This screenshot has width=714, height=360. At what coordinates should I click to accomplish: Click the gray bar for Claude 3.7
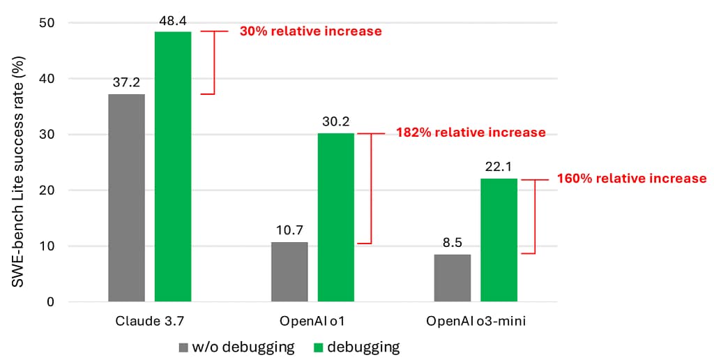(126, 198)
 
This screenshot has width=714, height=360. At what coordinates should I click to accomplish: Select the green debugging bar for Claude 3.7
(173, 167)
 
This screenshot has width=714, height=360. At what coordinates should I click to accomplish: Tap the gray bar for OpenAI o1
(289, 272)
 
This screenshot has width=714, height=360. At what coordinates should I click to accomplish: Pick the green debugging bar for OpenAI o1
(336, 218)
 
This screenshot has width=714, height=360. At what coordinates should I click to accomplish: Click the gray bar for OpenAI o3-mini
(452, 278)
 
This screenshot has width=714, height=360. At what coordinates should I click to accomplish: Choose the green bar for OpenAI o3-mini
(499, 240)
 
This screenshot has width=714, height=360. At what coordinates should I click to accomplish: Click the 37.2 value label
(126, 83)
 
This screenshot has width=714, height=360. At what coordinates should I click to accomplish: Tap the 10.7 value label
(289, 231)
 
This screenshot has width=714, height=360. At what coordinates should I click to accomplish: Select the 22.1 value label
(499, 167)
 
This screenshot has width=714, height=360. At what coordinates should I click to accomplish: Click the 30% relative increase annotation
(310, 31)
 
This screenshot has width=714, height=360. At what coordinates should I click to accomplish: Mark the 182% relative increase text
(471, 133)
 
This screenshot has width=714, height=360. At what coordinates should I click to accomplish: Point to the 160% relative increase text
(632, 179)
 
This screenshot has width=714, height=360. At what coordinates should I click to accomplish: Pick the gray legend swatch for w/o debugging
(184, 347)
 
